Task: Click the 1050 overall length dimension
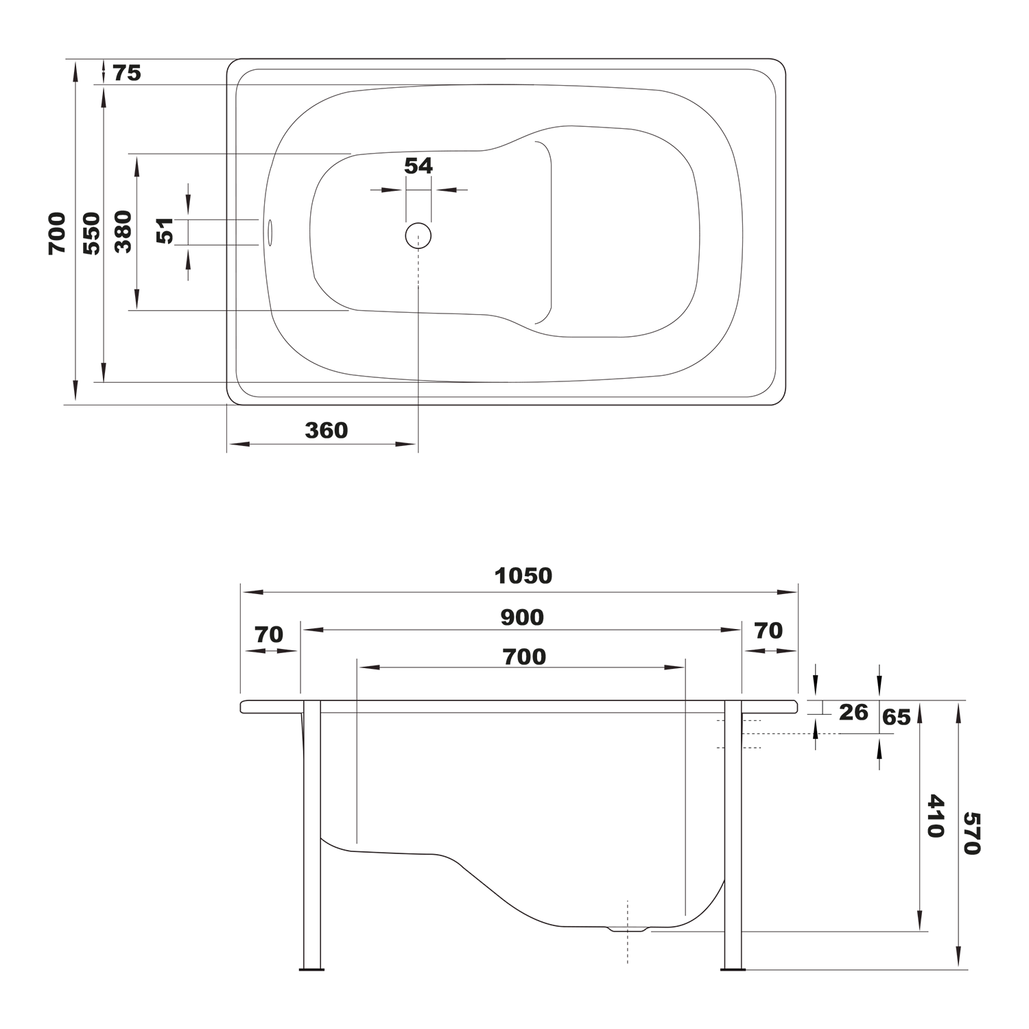[523, 576]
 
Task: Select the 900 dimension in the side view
[522, 617]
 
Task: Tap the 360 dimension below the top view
[327, 430]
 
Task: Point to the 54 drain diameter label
[418, 166]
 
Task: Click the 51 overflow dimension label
[165, 231]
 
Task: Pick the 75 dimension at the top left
[127, 73]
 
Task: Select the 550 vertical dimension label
[92, 233]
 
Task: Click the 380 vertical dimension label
[123, 232]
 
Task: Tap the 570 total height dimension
[972, 833]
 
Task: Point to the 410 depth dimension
[935, 816]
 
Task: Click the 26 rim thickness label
[853, 712]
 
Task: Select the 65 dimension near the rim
[897, 718]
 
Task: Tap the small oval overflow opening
[270, 231]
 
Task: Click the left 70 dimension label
[269, 635]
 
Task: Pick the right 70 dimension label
[768, 630]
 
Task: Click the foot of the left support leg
[312, 969]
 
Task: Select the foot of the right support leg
[733, 969]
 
